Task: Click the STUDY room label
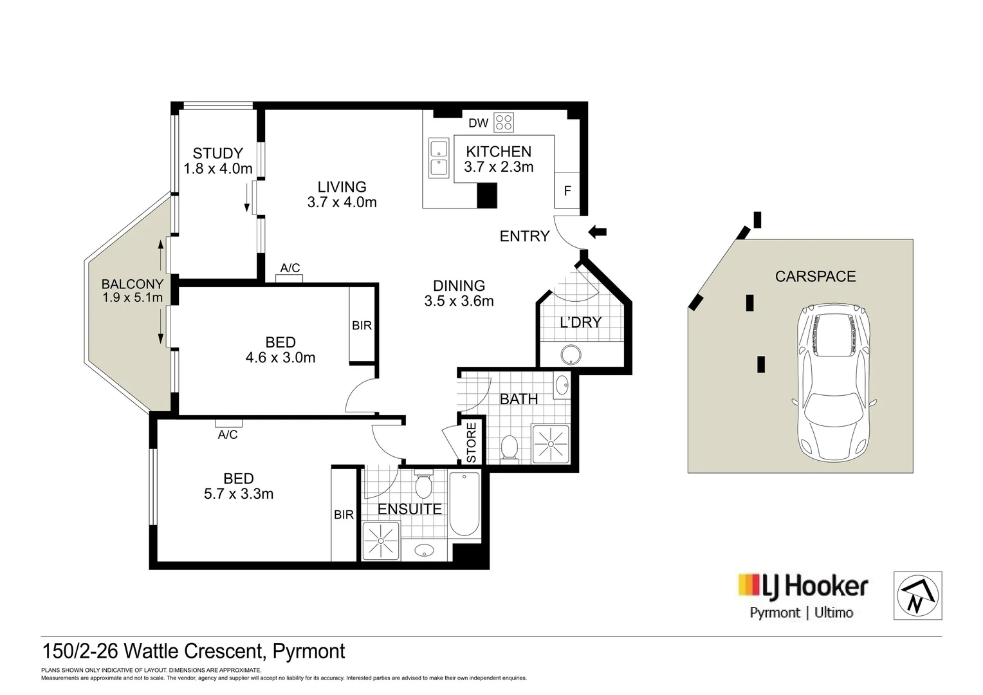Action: click(x=218, y=153)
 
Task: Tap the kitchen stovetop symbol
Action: click(x=503, y=122)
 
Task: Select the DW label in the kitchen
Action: click(x=478, y=123)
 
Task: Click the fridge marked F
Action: click(x=567, y=191)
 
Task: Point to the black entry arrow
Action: click(x=598, y=232)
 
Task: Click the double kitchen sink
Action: click(x=438, y=158)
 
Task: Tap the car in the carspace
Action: click(x=834, y=383)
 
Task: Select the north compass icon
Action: click(x=917, y=595)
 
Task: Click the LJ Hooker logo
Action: click(x=802, y=586)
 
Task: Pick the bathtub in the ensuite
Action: click(x=464, y=505)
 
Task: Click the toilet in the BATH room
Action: click(x=510, y=448)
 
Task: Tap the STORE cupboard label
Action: click(x=472, y=443)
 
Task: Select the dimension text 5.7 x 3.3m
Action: click(x=239, y=494)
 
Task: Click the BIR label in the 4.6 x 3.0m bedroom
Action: click(x=362, y=326)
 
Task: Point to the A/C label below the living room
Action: click(x=290, y=268)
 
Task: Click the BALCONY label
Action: click(x=133, y=284)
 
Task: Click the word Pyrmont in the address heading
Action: click(x=309, y=651)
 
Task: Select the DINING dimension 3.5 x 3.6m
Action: click(x=459, y=301)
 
